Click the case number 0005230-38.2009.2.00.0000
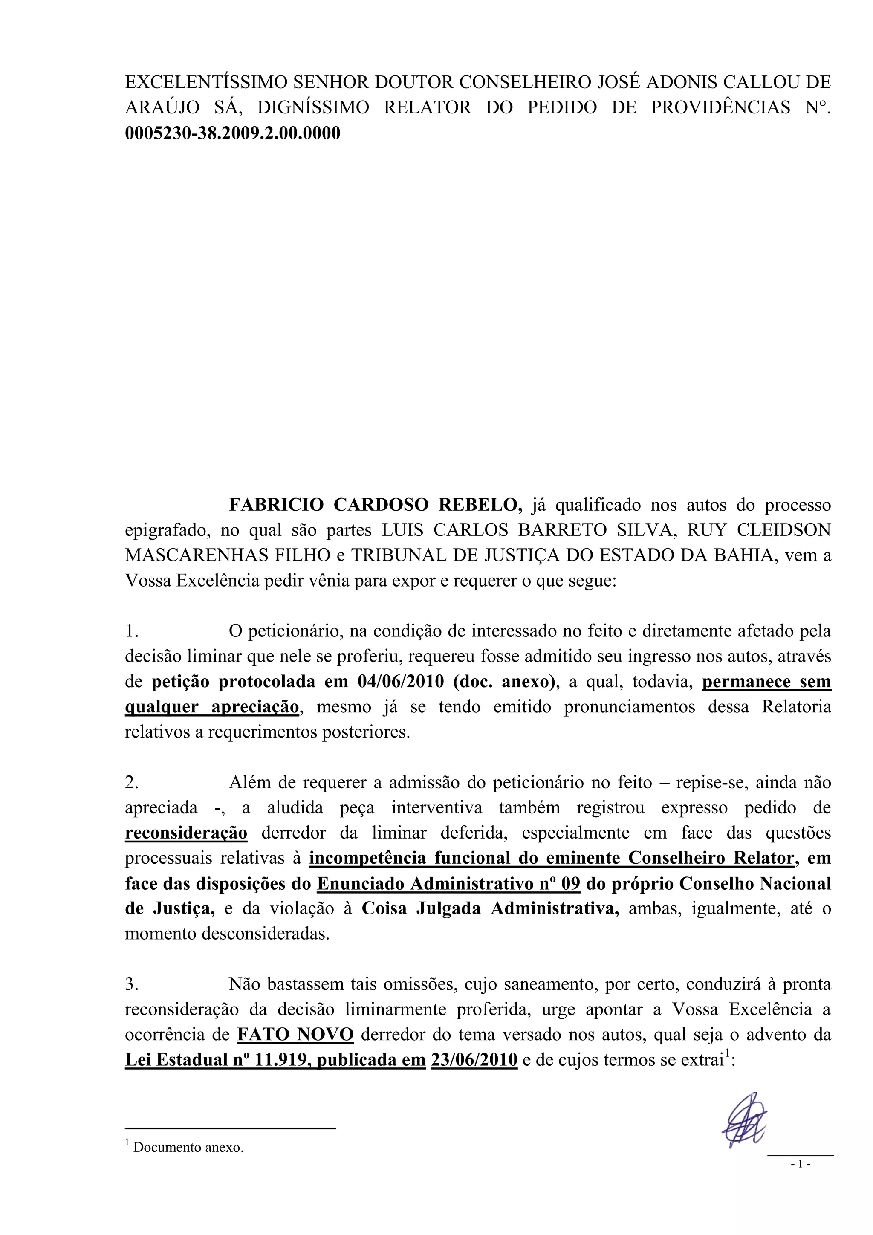232,133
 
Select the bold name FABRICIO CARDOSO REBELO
376,505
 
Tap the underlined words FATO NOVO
295,1034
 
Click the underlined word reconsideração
186,833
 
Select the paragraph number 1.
132,631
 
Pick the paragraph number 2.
132,783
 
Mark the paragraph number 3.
132,984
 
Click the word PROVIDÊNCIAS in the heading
721,107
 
